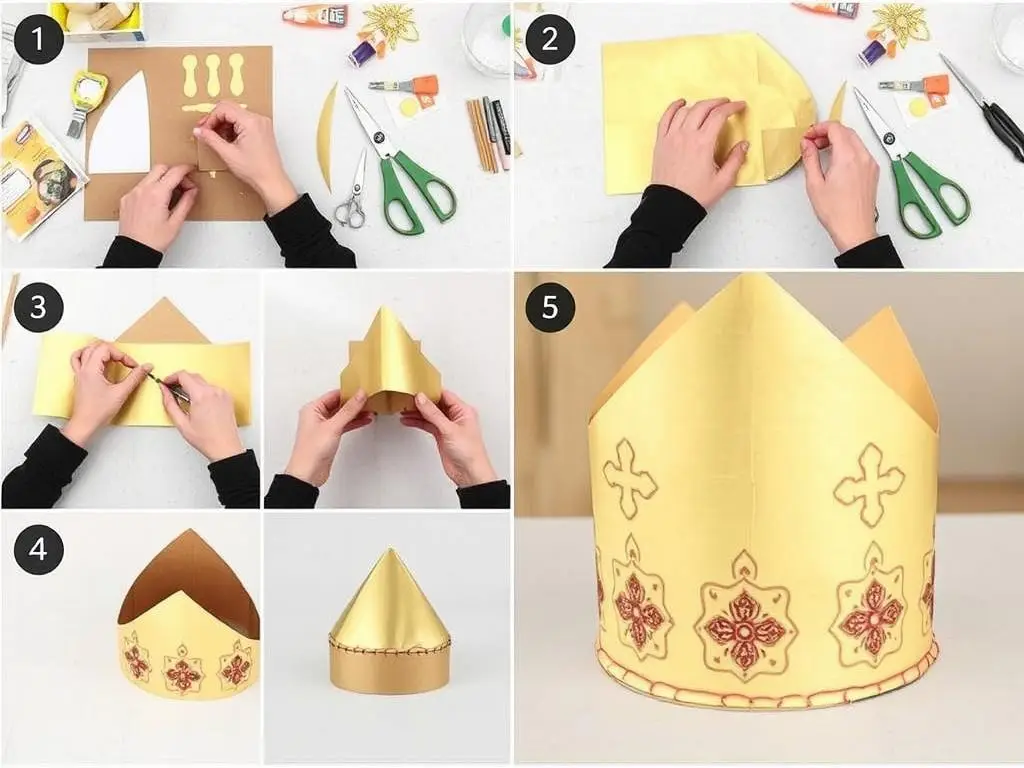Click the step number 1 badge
click(39, 39)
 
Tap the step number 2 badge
click(550, 39)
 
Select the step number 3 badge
click(39, 307)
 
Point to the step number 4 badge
click(39, 549)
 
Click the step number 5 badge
click(550, 307)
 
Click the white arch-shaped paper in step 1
click(121, 131)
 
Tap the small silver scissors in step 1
click(353, 193)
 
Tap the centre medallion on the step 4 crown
click(183, 669)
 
